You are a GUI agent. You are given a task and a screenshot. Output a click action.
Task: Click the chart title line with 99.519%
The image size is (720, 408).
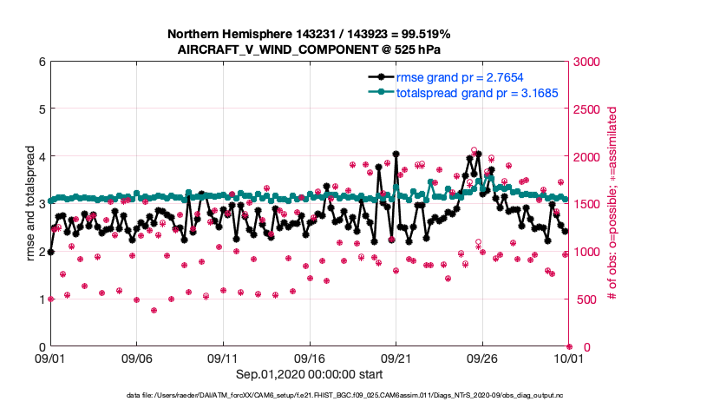(x=309, y=34)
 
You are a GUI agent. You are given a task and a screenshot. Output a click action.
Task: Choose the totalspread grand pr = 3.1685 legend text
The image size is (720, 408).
(x=477, y=93)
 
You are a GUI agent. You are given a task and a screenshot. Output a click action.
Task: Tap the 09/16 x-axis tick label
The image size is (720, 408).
(x=310, y=358)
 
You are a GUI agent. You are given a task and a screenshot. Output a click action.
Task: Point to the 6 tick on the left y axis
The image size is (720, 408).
(x=41, y=62)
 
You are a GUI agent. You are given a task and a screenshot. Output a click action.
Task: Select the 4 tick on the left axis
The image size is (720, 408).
(x=41, y=157)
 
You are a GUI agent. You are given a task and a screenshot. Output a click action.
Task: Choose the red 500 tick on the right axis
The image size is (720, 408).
(x=584, y=299)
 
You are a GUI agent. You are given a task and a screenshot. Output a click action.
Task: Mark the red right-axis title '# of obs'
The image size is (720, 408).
(x=612, y=205)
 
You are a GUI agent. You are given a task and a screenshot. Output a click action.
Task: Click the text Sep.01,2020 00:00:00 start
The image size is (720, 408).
(x=309, y=374)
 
